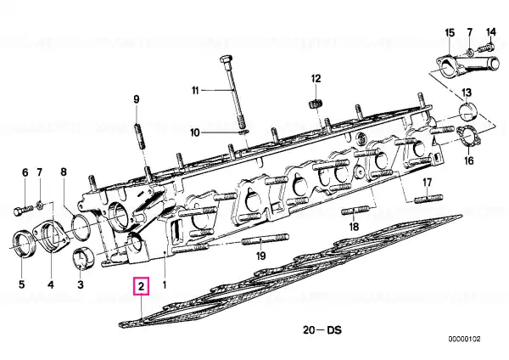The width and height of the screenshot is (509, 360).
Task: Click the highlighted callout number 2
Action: [x=141, y=286]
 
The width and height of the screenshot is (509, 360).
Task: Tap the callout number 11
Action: [x=195, y=90]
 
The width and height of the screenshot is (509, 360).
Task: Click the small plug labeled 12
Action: [x=315, y=104]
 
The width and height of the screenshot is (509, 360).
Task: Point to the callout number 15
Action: [x=450, y=32]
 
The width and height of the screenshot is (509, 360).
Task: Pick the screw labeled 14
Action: [x=486, y=48]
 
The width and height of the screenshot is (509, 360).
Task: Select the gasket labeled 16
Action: [x=469, y=137]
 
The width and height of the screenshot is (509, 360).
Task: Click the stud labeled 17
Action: [x=428, y=198]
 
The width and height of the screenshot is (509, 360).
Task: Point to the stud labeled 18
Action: [x=355, y=211]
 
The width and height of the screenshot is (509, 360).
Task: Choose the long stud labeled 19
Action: [x=266, y=239]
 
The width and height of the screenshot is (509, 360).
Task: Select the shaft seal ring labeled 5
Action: [x=22, y=243]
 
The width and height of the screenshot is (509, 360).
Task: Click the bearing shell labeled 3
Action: [x=83, y=257]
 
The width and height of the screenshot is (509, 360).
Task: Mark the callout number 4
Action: [x=51, y=285]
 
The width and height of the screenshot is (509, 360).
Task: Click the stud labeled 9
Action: [x=139, y=136]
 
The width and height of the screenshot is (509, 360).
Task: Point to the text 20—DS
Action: [x=322, y=330]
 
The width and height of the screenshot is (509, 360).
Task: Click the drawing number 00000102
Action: [x=465, y=340]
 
